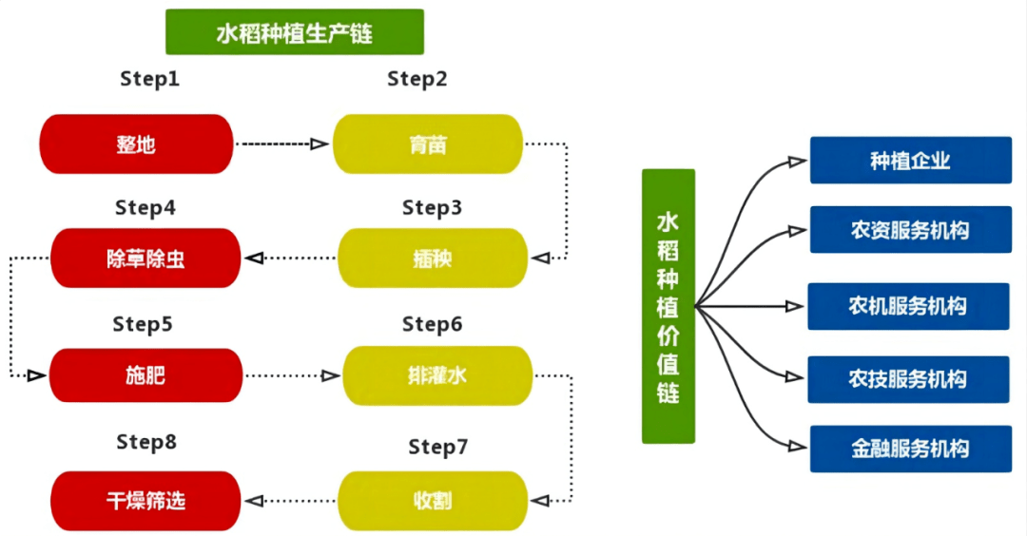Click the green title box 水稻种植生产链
pyautogui.click(x=294, y=33)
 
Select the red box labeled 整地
pyautogui.click(x=136, y=144)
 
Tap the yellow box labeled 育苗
pyautogui.click(x=428, y=144)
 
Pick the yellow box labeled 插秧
pyautogui.click(x=433, y=258)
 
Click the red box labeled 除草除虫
pyautogui.click(x=145, y=258)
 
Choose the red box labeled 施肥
pyautogui.click(x=145, y=376)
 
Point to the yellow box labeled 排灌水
pyautogui.click(x=436, y=376)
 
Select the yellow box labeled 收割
pyautogui.click(x=433, y=499)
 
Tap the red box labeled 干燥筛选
pyautogui.click(x=145, y=499)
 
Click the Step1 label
pyautogui.click(x=149, y=80)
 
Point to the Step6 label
pyautogui.click(x=432, y=325)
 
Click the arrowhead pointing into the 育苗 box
pyautogui.click(x=321, y=144)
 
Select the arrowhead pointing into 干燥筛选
pyautogui.click(x=253, y=499)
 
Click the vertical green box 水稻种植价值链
pyautogui.click(x=669, y=306)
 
